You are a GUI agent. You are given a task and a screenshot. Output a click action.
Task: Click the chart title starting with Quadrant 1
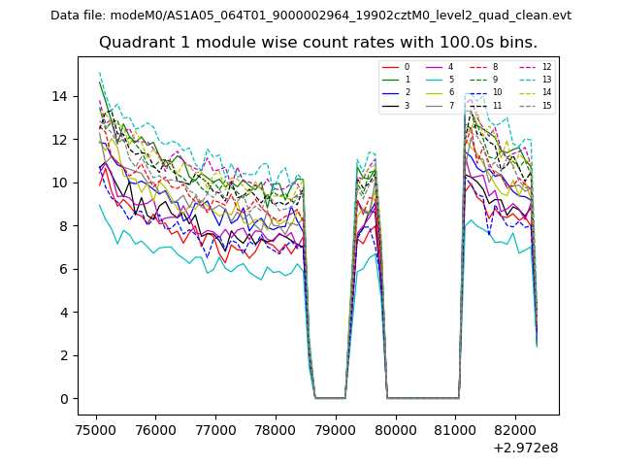(317, 43)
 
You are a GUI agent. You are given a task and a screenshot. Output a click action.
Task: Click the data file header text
(310, 16)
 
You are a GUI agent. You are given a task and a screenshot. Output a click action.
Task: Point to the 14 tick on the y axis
(62, 96)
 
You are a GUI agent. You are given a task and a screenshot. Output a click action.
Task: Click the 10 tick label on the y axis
(62, 183)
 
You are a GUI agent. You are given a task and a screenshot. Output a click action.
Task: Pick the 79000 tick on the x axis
(336, 428)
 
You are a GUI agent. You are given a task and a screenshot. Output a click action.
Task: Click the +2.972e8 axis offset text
(524, 448)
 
